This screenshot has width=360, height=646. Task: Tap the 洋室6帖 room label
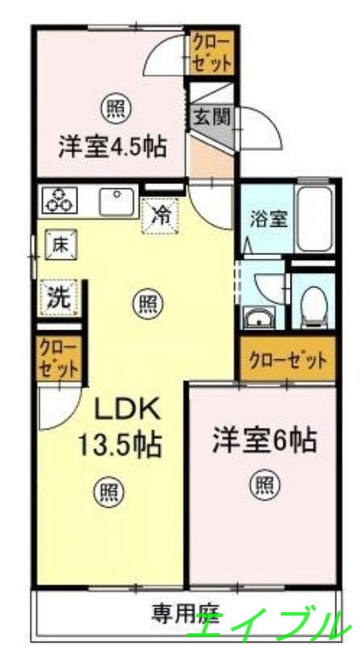pos(264,441)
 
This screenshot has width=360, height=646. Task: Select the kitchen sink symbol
pos(117,201)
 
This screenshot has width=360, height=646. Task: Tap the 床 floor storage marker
pos(58,245)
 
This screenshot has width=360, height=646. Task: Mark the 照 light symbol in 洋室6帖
pos(265,484)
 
